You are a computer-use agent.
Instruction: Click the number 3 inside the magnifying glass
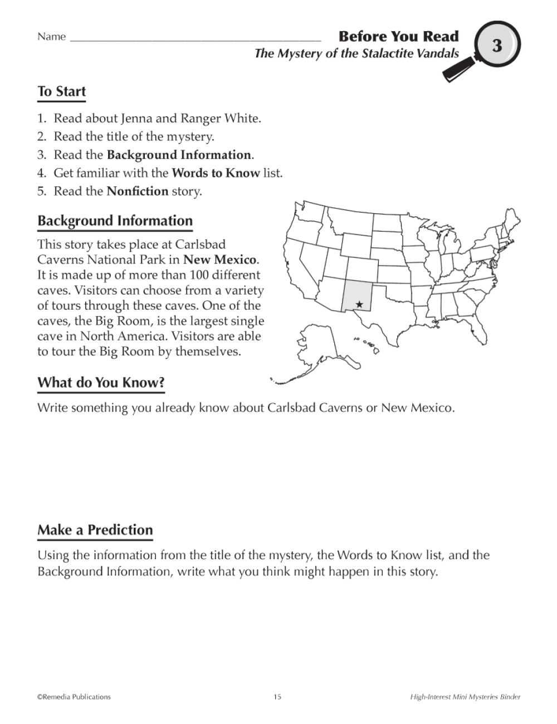[x=497, y=45]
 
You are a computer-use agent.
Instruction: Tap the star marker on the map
[x=359, y=305]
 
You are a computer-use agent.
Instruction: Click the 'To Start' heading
[x=62, y=91]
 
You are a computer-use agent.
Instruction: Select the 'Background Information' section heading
[x=115, y=221]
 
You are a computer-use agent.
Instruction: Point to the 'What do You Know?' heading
[x=101, y=383]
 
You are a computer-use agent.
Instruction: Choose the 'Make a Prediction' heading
[x=95, y=530]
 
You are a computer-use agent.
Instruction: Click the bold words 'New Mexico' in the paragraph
[x=220, y=260]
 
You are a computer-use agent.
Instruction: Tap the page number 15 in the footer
[x=278, y=697]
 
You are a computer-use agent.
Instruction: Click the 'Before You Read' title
[x=399, y=37]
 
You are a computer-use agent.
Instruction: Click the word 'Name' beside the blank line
[x=52, y=37]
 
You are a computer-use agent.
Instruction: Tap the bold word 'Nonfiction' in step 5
[x=138, y=191]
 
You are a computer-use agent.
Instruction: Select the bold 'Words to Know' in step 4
[x=216, y=173]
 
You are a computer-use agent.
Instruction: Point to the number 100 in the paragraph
[x=204, y=275]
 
